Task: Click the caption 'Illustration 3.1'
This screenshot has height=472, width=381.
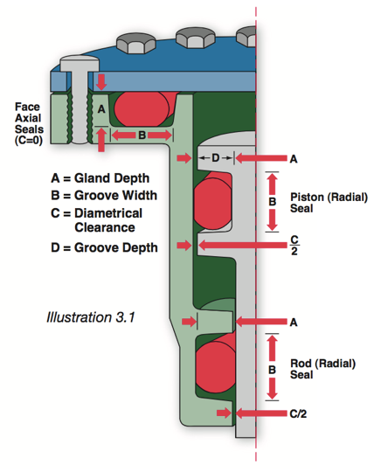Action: pos(91,317)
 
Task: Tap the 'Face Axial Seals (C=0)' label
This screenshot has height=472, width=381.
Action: pos(29,124)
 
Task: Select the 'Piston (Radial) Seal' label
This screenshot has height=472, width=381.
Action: pos(329,203)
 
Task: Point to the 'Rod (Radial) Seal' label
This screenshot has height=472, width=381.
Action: pos(322,369)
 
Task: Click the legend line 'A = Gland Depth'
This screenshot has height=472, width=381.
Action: pos(100,178)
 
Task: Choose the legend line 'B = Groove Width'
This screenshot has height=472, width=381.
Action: pos(104,196)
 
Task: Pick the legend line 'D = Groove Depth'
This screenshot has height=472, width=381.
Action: pos(105,247)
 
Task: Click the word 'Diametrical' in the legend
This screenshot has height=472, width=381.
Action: pos(108,213)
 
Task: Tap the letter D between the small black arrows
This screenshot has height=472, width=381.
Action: pos(216,157)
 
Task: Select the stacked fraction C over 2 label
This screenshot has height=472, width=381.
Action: pos(294,245)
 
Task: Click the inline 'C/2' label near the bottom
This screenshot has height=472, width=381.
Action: pos(298,413)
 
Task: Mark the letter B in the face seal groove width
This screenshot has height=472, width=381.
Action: pos(142,135)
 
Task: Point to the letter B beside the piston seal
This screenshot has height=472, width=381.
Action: pos(272,202)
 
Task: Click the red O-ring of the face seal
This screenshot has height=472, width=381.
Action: pos(142,108)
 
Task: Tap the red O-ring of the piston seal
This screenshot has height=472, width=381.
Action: pos(212,201)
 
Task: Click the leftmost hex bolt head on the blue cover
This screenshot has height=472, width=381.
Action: pos(136,44)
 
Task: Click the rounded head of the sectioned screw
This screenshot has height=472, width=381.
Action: pos(80,63)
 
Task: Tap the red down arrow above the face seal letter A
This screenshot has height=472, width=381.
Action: pos(101,82)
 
